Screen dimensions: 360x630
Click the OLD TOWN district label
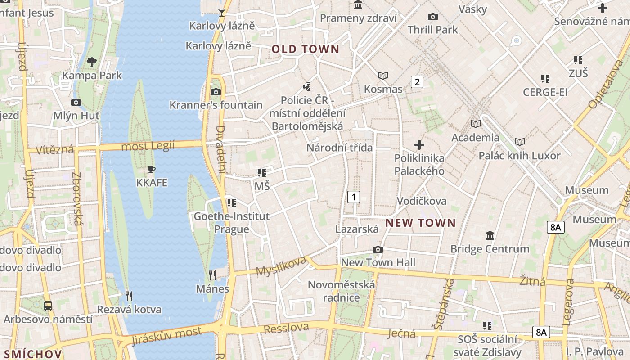point(305,49)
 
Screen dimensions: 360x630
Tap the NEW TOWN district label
point(421,223)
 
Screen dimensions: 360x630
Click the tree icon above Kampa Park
point(92,62)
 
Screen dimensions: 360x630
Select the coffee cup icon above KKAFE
point(152,170)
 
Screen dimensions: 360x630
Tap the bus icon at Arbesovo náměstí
point(48,306)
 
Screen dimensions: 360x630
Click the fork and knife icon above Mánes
point(212,275)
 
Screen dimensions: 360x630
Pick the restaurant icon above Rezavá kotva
point(129,296)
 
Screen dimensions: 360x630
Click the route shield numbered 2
point(417,82)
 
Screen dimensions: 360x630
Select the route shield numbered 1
point(354,197)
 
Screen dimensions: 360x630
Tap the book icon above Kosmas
point(383,76)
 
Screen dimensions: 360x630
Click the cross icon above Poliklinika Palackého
point(419,145)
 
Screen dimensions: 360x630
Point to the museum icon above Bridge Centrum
point(490,235)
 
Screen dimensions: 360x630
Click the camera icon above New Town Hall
point(378,249)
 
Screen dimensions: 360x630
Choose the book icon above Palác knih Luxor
point(520,142)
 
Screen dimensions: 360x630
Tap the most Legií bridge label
point(148,146)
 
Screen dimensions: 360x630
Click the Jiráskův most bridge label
point(167,336)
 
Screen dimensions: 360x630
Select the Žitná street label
point(533,281)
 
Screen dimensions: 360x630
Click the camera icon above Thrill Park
point(433,17)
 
